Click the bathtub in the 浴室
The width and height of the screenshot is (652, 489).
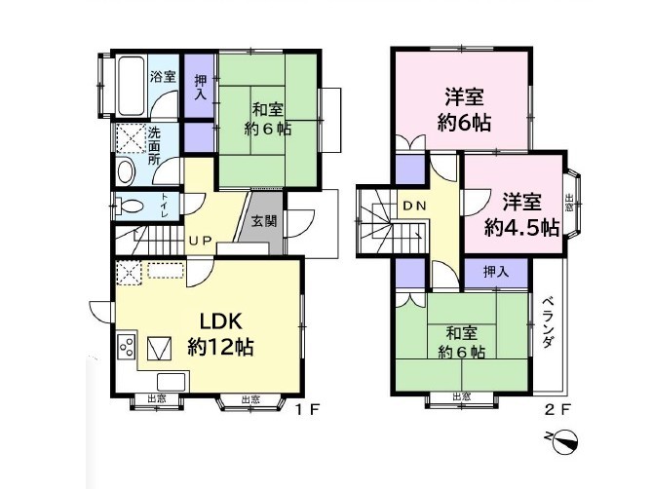131,86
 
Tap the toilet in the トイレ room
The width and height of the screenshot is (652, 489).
130,206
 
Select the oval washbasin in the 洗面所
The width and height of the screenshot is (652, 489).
126,171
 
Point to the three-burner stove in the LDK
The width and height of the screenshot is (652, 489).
127,346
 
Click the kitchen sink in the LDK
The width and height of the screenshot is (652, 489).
171,382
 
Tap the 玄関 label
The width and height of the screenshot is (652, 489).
264,220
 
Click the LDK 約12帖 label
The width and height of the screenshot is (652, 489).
220,334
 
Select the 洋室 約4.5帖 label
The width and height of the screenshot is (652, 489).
521,214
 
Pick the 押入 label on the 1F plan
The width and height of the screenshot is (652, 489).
201,88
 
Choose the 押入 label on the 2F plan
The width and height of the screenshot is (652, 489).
496,272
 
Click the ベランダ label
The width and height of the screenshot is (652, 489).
549,322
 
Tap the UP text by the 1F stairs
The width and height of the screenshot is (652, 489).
201,241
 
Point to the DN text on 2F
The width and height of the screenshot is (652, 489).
414,206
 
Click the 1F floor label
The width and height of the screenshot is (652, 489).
307,410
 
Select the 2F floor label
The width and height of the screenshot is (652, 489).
556,410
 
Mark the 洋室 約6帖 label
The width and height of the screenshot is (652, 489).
464,109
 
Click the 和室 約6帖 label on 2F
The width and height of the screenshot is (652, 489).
462,343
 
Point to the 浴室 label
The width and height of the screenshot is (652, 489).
163,76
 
